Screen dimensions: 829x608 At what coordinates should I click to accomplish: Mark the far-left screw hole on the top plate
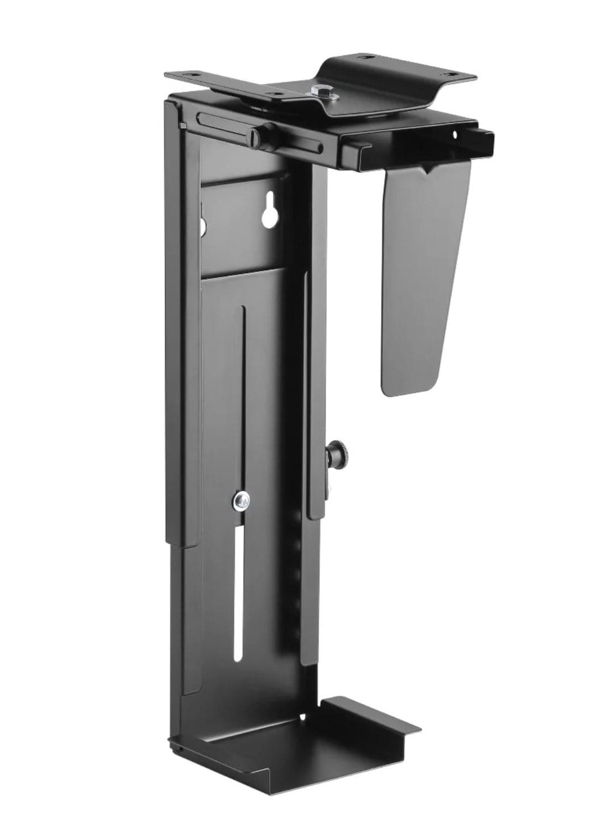[x=195, y=72]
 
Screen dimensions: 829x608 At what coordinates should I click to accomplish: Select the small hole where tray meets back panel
[x=302, y=716]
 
